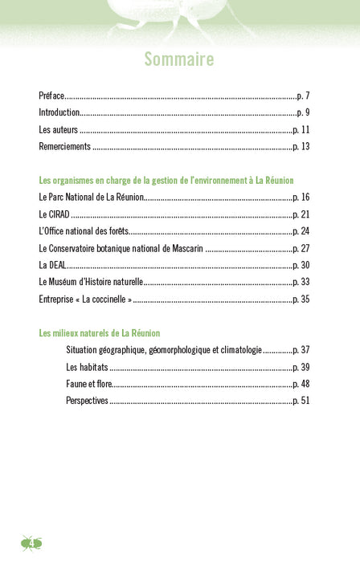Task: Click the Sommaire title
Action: pyautogui.click(x=179, y=59)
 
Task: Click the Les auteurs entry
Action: pyautogui.click(x=59, y=129)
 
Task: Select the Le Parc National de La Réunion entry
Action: pyautogui.click(x=90, y=197)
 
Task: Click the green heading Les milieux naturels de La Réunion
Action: pyautogui.click(x=100, y=332)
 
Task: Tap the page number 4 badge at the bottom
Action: pyautogui.click(x=32, y=544)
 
